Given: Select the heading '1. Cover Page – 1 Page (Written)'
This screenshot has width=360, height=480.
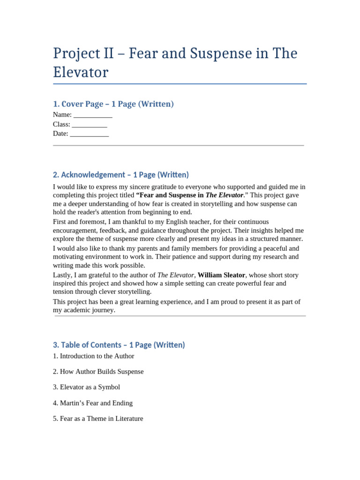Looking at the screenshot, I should (x=113, y=104).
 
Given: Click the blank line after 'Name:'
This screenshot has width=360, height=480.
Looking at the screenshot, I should (x=93, y=115).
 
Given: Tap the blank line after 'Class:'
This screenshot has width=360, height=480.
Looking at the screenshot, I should (x=90, y=124).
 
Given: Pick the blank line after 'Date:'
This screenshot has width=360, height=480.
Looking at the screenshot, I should (x=89, y=134).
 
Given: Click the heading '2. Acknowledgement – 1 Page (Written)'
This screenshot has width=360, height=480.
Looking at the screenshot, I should (x=121, y=175).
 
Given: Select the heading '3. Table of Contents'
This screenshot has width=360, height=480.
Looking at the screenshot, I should (x=119, y=345).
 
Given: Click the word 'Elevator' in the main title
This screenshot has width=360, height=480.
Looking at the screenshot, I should (x=81, y=73).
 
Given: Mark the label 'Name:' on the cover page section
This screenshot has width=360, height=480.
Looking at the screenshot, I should (x=62, y=115).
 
